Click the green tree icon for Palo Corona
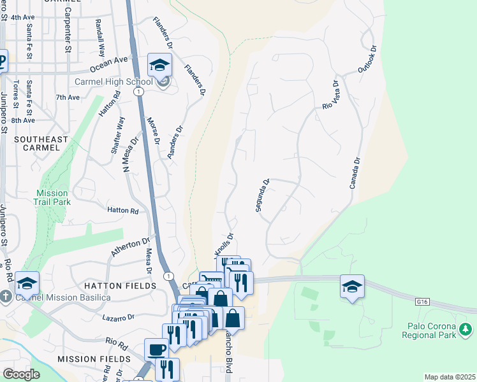(466, 329)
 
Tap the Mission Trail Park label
(52, 197)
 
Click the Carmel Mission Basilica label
(54, 297)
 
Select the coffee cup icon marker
(157, 348)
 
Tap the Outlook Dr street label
(368, 57)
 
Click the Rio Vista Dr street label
(330, 95)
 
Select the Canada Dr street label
(355, 173)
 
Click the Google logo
(20, 374)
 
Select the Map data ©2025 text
(450, 377)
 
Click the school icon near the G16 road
(352, 286)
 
